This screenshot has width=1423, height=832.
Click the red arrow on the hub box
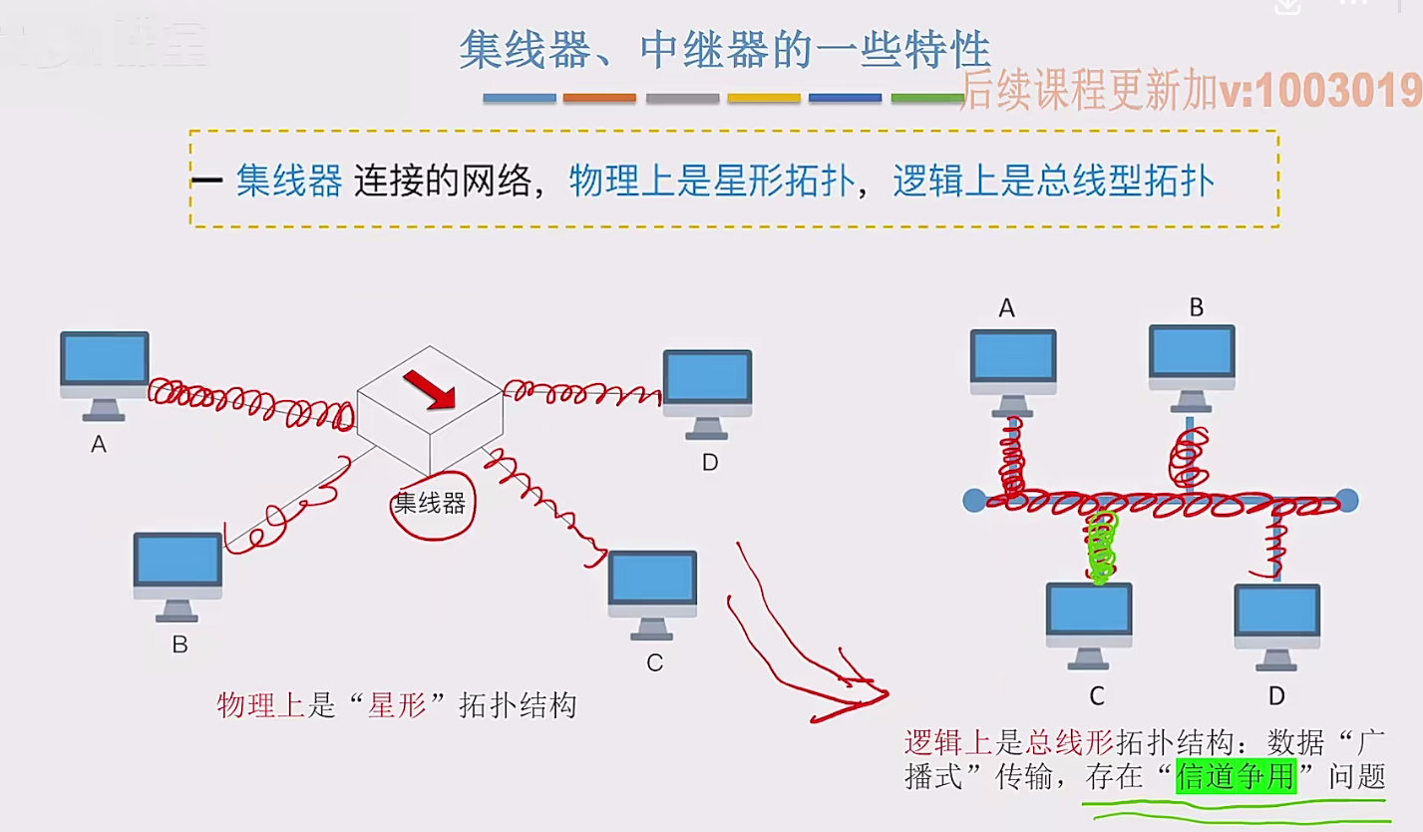click(x=430, y=389)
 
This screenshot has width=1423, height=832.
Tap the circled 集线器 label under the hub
click(x=430, y=504)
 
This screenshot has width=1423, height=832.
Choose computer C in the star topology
click(x=652, y=592)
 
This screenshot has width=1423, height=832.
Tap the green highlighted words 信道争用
click(x=1237, y=776)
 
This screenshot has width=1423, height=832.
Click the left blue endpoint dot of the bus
click(x=974, y=500)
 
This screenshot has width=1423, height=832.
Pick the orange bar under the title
click(x=599, y=98)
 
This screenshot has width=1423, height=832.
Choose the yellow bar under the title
click(x=764, y=98)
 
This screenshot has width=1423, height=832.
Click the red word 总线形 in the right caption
click(x=1075, y=742)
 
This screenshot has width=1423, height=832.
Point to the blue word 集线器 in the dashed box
click(x=289, y=182)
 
